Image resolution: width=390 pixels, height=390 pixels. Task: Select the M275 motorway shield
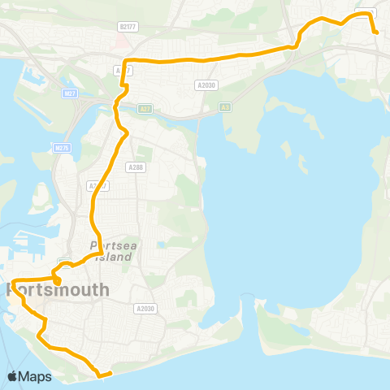62,148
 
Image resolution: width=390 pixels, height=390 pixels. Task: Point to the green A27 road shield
144,107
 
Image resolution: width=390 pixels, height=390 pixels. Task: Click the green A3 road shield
225,107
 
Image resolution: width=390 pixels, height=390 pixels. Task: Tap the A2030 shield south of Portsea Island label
145,308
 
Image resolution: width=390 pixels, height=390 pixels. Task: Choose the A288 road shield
135,167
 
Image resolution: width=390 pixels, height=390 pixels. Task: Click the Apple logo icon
13,376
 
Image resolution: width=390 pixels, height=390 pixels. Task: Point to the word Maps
36,376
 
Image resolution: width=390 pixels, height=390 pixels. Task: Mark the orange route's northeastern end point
376,32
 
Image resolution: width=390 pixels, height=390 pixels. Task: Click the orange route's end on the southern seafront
99,375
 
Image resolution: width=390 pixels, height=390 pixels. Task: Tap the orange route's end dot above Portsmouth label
58,282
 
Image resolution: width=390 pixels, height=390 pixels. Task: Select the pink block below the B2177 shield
120,40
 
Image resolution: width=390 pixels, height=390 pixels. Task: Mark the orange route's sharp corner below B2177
123,62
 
